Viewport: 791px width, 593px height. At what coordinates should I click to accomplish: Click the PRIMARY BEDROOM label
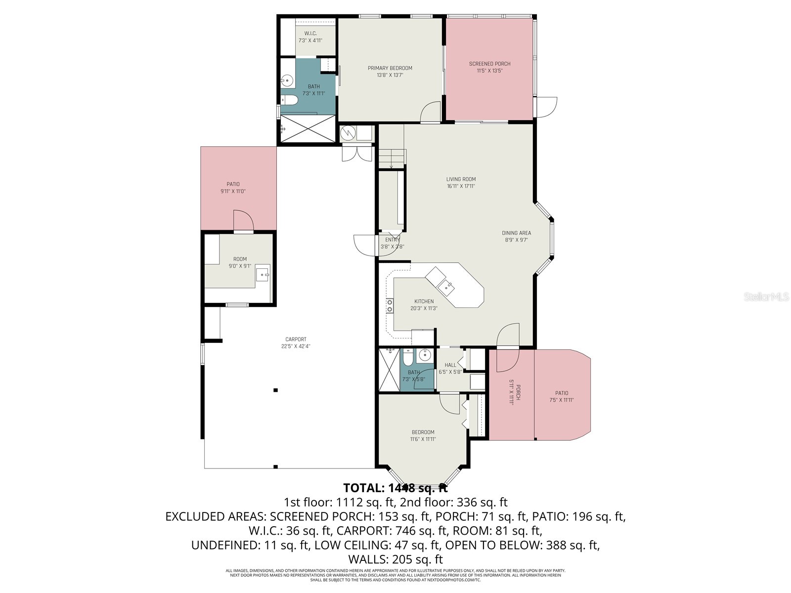coord(390,68)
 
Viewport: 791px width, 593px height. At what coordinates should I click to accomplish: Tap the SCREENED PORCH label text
coord(489,64)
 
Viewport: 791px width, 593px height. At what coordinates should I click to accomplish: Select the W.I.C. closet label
coord(310,34)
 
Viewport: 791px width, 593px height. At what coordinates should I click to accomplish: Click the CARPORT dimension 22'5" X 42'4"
coord(296,346)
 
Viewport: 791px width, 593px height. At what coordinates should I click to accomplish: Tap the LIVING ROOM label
coord(461,179)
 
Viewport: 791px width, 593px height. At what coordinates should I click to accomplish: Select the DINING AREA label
coord(516,233)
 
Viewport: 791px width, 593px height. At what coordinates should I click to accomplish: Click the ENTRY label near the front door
coord(392,240)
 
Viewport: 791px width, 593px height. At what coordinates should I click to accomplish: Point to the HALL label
coord(450,365)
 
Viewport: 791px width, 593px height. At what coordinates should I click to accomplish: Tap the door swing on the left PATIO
coord(243,220)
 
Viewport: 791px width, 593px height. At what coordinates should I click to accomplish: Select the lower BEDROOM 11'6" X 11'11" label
coord(423,435)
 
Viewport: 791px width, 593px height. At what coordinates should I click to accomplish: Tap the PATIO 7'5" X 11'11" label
coord(561,397)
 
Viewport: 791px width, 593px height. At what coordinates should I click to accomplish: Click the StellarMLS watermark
coord(766,296)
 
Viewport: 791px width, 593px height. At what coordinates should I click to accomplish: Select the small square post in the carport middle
coord(276,390)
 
